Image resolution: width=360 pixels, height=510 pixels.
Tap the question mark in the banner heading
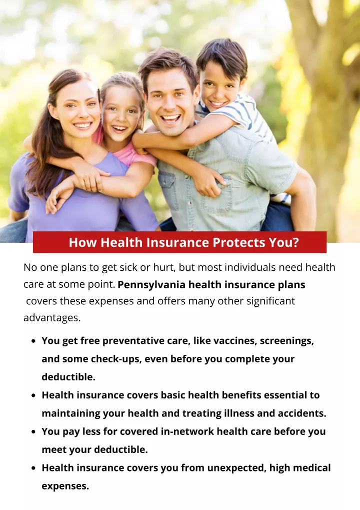point(295,243)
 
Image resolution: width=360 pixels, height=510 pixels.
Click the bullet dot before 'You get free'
point(33,341)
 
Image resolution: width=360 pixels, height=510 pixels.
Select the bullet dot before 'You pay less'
point(33,432)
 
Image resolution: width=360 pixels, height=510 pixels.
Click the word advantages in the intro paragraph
point(52,318)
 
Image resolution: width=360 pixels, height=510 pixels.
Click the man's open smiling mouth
point(170,119)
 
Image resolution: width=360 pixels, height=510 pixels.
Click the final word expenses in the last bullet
point(65,486)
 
